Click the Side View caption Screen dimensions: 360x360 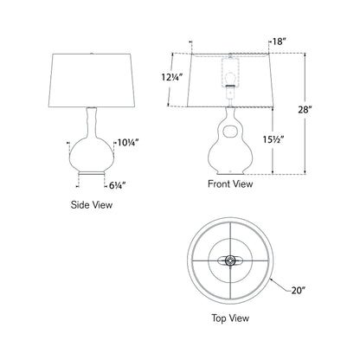tap(92, 206)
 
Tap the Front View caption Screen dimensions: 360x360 tap(229, 184)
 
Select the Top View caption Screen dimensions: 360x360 tap(229, 342)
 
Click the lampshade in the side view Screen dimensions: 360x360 tap(92, 78)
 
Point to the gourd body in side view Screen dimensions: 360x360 tap(92, 151)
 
